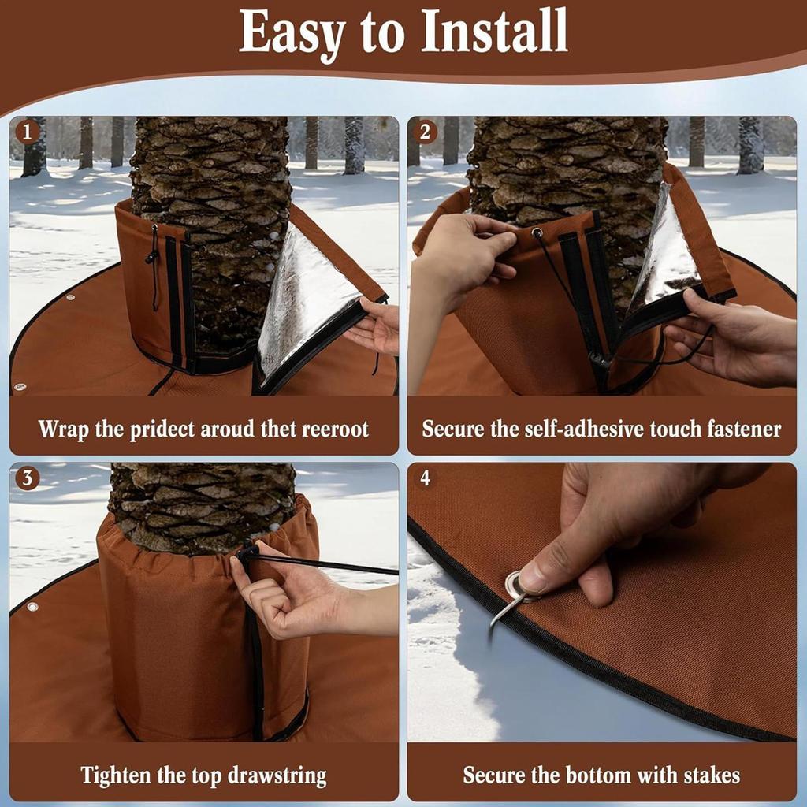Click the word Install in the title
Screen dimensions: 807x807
(494, 33)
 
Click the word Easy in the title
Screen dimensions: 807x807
(292, 33)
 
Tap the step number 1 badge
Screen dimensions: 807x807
(28, 132)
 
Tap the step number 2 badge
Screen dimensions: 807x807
(425, 132)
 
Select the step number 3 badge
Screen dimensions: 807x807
(28, 478)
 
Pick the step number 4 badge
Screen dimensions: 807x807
(426, 478)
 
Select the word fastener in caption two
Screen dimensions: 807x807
(742, 430)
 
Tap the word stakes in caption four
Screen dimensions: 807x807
(711, 775)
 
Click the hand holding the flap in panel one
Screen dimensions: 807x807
(377, 325)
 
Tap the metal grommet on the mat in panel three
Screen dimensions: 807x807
(32, 607)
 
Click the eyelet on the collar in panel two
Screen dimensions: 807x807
(537, 233)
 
